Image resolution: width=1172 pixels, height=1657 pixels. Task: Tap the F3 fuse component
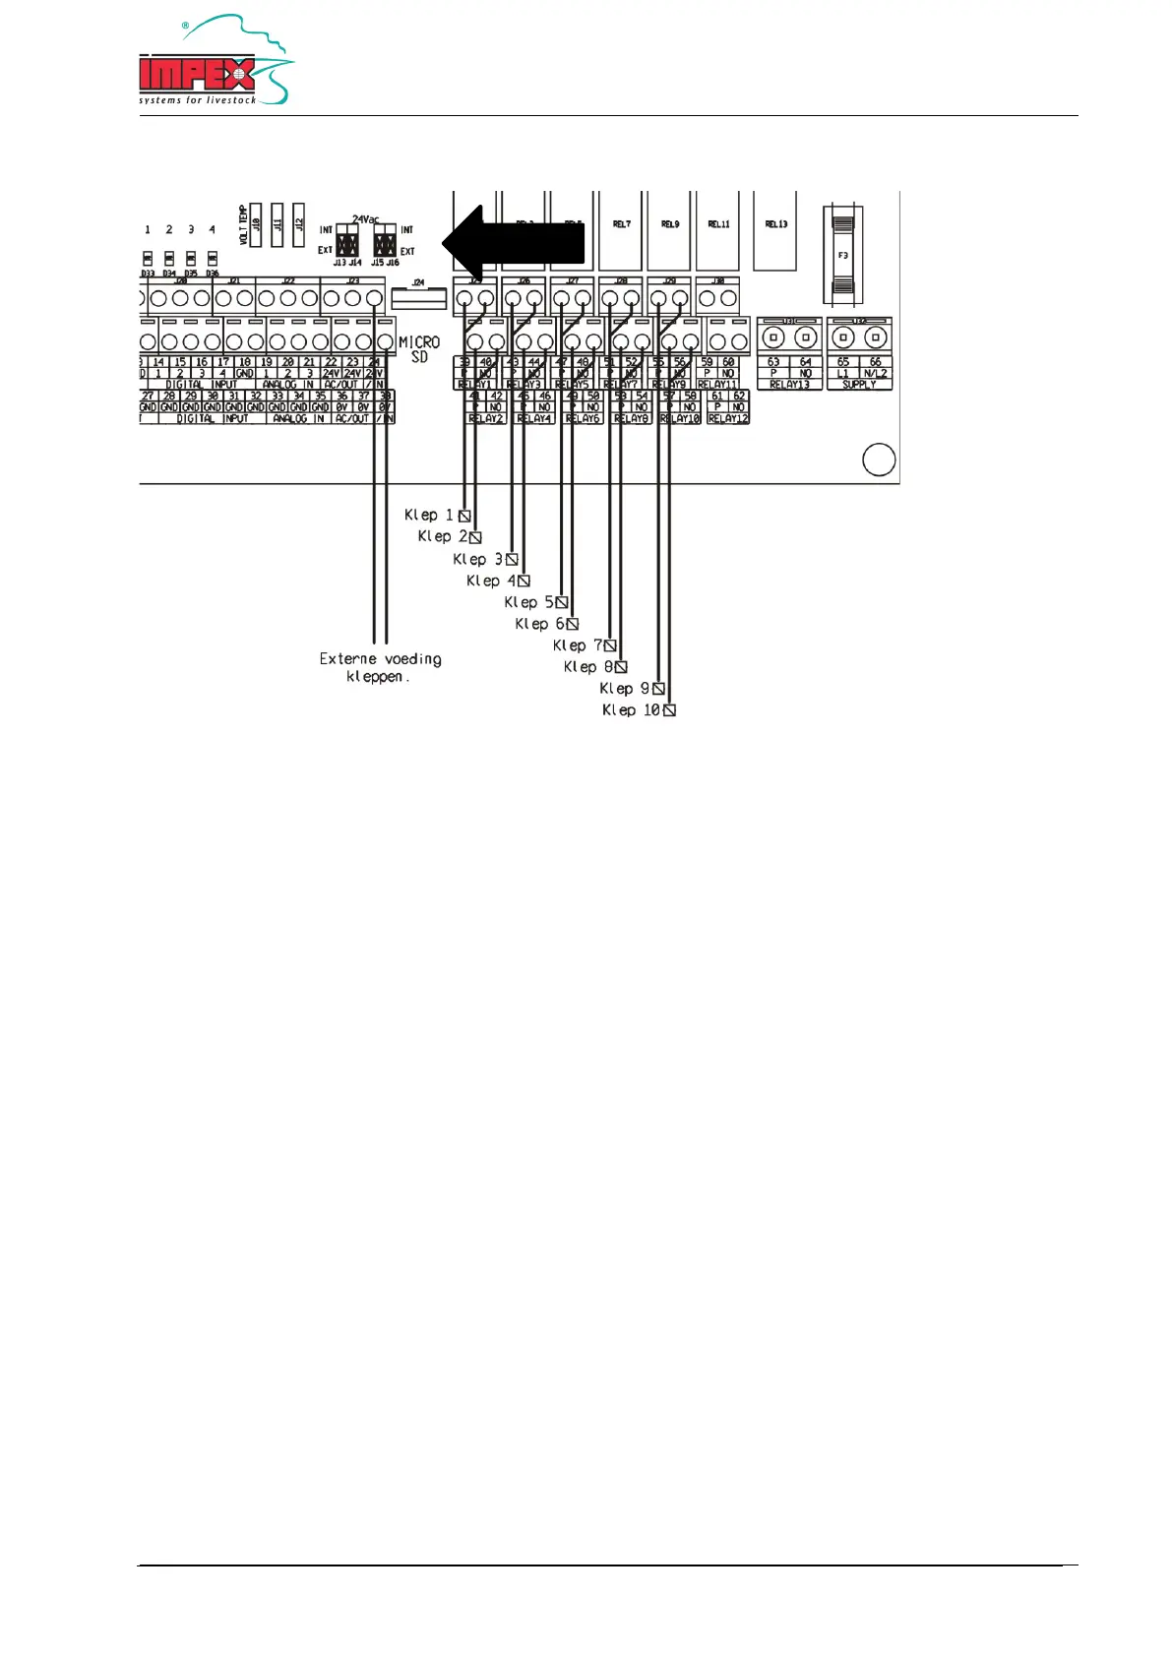(x=843, y=255)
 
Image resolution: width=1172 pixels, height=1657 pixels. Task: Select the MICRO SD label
(x=419, y=349)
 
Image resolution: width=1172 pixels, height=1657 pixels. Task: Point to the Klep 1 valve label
(x=429, y=515)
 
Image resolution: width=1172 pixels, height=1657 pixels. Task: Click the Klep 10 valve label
(x=631, y=709)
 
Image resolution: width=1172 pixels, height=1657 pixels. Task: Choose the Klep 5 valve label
(x=528, y=601)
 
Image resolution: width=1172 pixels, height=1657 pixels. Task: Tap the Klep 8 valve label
(x=588, y=666)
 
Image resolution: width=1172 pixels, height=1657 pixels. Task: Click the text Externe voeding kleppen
(x=380, y=667)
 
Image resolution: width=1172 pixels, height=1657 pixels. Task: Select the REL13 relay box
(x=775, y=231)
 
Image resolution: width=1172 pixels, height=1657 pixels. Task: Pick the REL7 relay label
(x=622, y=224)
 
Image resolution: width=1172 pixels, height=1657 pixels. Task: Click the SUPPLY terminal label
(x=859, y=385)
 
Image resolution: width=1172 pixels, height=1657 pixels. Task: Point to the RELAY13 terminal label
(x=789, y=385)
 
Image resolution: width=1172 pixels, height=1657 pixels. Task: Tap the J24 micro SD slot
(x=418, y=295)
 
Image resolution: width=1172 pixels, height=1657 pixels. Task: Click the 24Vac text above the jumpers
(x=366, y=219)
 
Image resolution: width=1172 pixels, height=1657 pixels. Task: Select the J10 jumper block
(x=256, y=224)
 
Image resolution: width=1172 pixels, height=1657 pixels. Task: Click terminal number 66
(x=875, y=362)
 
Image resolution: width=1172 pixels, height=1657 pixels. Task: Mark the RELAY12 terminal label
(x=727, y=418)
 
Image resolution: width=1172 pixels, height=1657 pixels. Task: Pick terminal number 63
(x=773, y=362)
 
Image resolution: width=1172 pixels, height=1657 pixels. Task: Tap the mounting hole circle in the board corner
(x=878, y=460)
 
